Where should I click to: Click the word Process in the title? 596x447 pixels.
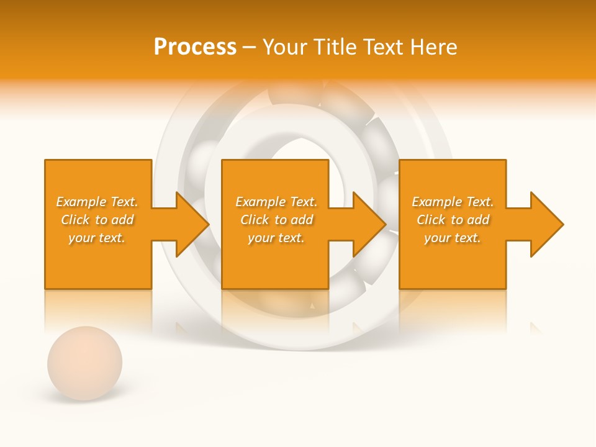click(x=195, y=47)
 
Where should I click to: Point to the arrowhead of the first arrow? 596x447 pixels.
click(x=192, y=224)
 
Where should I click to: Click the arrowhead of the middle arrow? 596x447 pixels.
click(x=369, y=224)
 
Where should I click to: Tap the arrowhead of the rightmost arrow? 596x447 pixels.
click(x=546, y=224)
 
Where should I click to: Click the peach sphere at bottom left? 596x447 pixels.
click(x=84, y=363)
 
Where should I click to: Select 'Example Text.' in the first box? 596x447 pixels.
click(x=97, y=202)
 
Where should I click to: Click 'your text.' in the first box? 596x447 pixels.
click(x=97, y=238)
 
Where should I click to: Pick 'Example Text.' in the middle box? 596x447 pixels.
click(x=276, y=202)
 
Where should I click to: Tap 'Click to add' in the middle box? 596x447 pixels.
click(x=276, y=220)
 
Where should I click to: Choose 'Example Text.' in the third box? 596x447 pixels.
click(x=453, y=202)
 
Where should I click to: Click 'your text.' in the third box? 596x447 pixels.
click(x=453, y=238)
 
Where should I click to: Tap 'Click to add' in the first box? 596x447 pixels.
click(x=97, y=220)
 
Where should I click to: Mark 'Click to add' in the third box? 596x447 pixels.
click(x=453, y=220)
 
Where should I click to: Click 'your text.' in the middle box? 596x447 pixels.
click(x=276, y=238)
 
